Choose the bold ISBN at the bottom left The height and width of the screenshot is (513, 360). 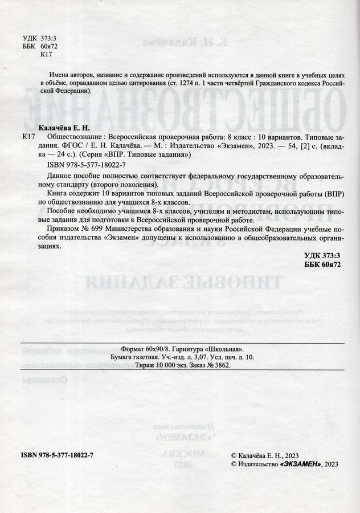(x=56, y=454)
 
